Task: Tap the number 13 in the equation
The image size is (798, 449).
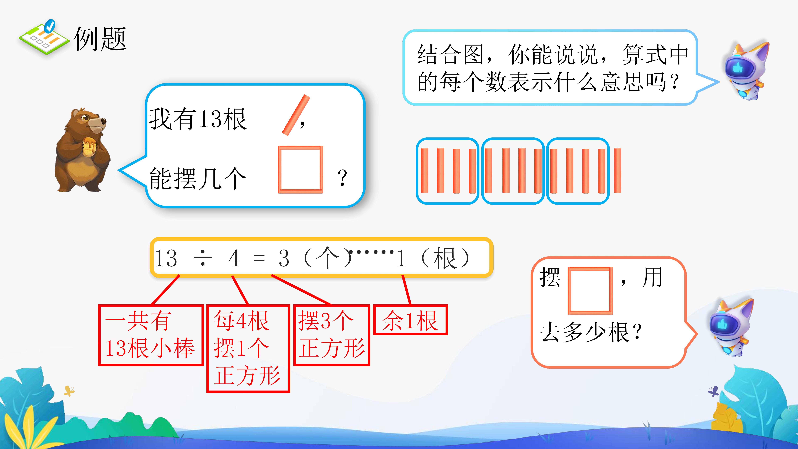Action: coord(166,258)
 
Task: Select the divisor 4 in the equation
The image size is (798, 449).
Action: coord(234,258)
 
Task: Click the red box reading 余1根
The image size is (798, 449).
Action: coord(410,320)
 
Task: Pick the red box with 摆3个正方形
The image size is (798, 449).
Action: coord(331,335)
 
